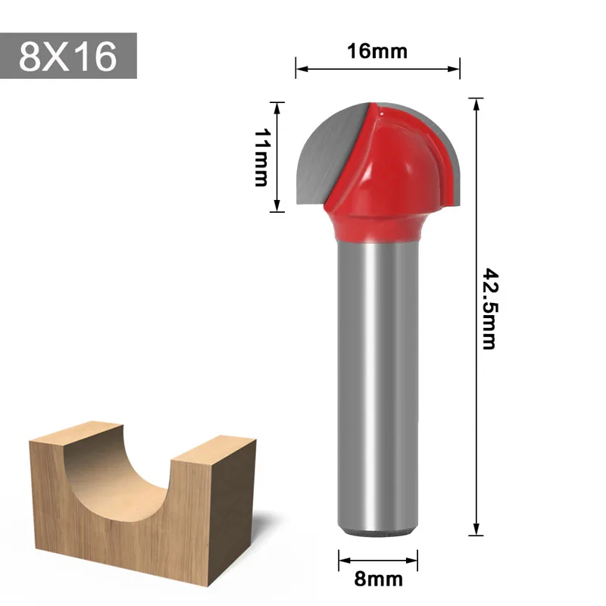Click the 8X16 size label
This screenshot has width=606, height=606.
coord(68,56)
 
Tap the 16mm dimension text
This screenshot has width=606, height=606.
coord(377,52)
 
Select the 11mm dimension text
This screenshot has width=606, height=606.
coord(262,158)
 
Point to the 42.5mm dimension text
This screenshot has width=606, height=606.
coord(489,308)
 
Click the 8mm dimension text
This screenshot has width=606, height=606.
coord(378,579)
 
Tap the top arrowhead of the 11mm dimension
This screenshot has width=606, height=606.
coord(277,107)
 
